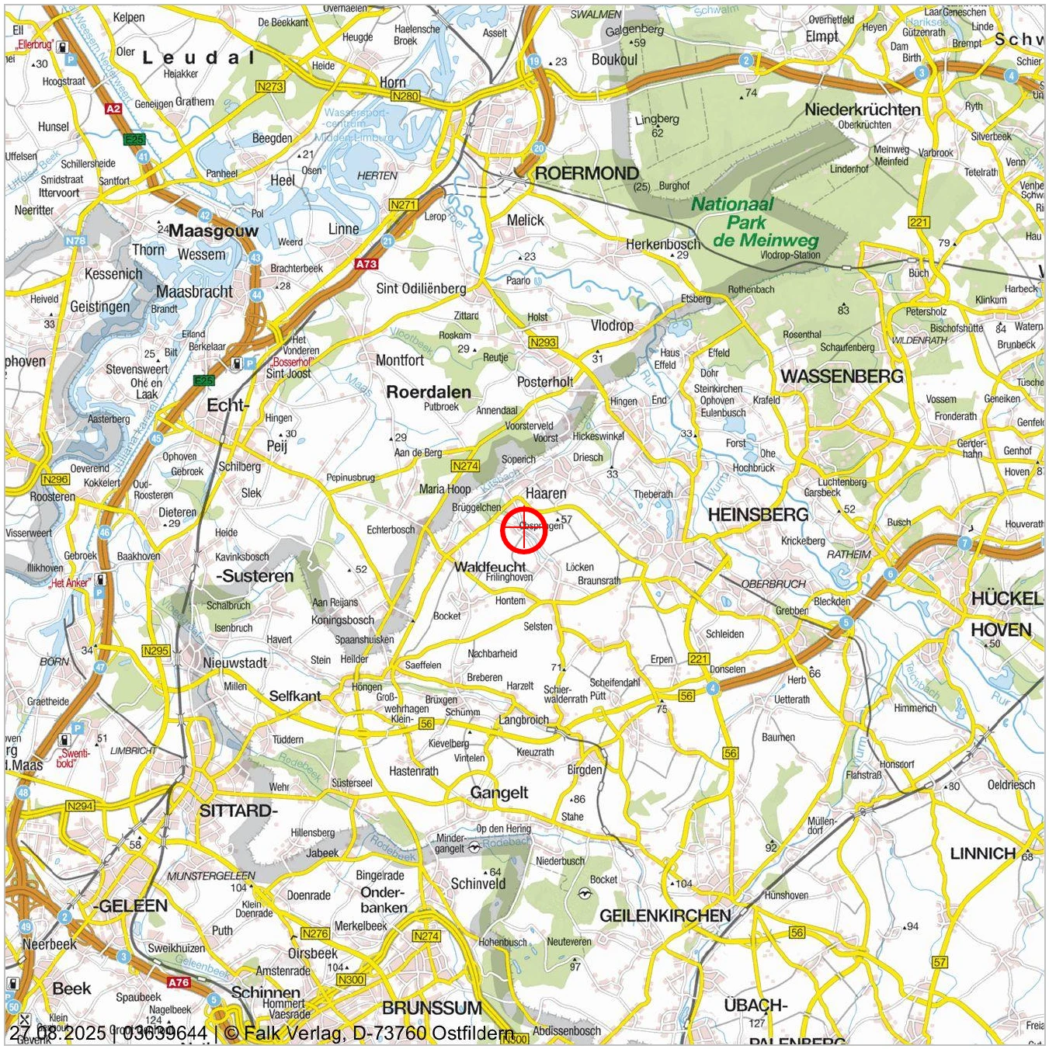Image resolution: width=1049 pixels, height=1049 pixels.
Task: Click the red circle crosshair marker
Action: (x=523, y=530)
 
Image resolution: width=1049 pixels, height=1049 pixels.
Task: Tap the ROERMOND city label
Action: (x=587, y=173)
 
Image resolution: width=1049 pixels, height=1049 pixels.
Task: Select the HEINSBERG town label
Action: (x=758, y=515)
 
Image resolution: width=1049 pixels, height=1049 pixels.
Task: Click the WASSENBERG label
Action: (x=842, y=377)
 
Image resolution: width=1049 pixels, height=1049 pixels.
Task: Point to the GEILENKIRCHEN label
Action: (x=665, y=915)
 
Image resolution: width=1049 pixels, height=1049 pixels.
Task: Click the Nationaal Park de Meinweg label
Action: (x=745, y=223)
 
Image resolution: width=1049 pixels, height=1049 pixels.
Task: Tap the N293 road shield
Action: (x=543, y=342)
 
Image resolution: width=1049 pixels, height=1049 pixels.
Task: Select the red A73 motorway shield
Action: (x=366, y=264)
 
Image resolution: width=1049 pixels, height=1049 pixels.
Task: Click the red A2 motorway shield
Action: (x=113, y=109)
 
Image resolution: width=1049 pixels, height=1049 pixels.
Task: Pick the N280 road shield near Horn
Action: (x=405, y=96)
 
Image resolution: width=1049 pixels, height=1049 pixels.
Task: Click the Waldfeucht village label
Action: (x=490, y=567)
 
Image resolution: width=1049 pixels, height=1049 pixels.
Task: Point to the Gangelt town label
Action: (x=499, y=793)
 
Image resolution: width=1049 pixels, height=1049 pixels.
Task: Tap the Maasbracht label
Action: (x=194, y=292)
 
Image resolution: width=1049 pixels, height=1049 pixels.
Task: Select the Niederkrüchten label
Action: (x=863, y=109)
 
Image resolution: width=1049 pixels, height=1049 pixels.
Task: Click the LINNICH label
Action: (x=983, y=854)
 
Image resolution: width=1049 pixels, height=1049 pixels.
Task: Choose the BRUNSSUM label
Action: (x=432, y=1008)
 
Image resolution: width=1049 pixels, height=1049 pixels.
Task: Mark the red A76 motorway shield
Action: (x=179, y=982)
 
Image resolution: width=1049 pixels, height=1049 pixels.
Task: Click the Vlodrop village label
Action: (x=612, y=325)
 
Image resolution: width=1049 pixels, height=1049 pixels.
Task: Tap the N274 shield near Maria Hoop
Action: (x=465, y=466)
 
